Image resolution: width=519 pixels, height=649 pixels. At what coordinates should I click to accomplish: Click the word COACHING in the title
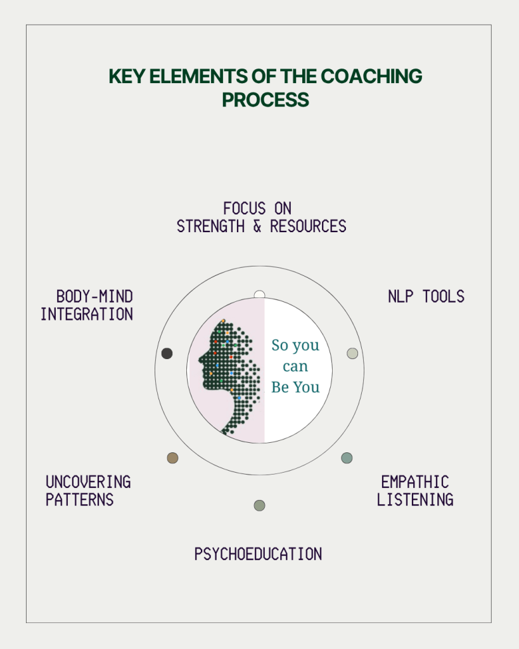pyautogui.click(x=371, y=76)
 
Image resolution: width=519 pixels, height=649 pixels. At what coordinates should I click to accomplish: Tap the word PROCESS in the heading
pyautogui.click(x=266, y=100)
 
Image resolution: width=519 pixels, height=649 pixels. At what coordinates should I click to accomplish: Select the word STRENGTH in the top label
pyautogui.click(x=211, y=226)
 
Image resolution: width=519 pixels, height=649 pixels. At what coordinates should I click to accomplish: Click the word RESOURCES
pyautogui.click(x=308, y=226)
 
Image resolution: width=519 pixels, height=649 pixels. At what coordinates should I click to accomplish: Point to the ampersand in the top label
pyautogui.click(x=257, y=226)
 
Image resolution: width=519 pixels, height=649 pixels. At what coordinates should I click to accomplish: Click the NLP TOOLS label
pyautogui.click(x=426, y=296)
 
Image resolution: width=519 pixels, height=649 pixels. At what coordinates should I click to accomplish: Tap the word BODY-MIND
pyautogui.click(x=94, y=296)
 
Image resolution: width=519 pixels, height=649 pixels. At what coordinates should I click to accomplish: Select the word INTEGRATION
pyautogui.click(x=87, y=314)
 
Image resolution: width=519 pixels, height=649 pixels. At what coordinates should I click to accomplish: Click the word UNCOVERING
pyautogui.click(x=88, y=482)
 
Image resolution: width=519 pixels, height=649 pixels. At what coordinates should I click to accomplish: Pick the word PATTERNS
pyautogui.click(x=79, y=499)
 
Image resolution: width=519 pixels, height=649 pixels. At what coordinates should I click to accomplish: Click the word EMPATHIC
pyautogui.click(x=415, y=482)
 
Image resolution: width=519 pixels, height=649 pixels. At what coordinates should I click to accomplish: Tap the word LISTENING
pyautogui.click(x=415, y=499)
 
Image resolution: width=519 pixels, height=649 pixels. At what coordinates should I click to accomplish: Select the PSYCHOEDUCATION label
pyautogui.click(x=258, y=554)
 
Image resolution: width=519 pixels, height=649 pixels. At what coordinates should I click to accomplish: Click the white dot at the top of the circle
pyautogui.click(x=259, y=295)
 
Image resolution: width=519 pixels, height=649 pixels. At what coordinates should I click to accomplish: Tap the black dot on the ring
pyautogui.click(x=167, y=353)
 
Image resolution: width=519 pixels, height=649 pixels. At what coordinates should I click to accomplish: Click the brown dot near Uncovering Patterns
pyautogui.click(x=172, y=458)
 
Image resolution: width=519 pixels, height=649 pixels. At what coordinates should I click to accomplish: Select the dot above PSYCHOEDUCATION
pyautogui.click(x=259, y=506)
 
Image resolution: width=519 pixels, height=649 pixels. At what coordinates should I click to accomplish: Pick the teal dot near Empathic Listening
pyautogui.click(x=347, y=458)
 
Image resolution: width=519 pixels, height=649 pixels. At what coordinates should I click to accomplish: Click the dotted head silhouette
pyautogui.click(x=231, y=372)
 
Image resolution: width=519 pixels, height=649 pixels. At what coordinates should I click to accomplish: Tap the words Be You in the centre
pyautogui.click(x=295, y=388)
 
